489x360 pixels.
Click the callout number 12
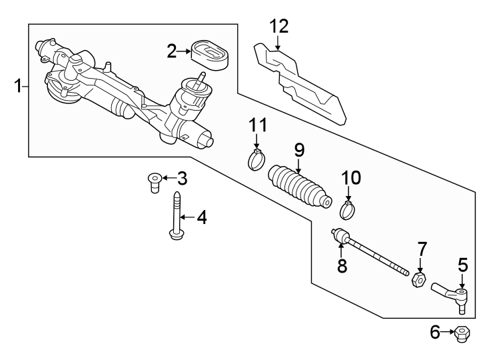coord(279,26)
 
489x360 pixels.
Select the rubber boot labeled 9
coord(299,187)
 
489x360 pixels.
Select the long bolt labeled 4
coord(177,217)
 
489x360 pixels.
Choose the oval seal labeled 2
coord(211,55)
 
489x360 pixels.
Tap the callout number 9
coord(299,149)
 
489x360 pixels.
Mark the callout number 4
coord(201,217)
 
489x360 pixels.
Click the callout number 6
coord(436,331)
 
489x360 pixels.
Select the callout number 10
coord(350,177)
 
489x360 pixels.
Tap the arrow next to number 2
coord(185,50)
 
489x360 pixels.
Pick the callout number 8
coord(342,266)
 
